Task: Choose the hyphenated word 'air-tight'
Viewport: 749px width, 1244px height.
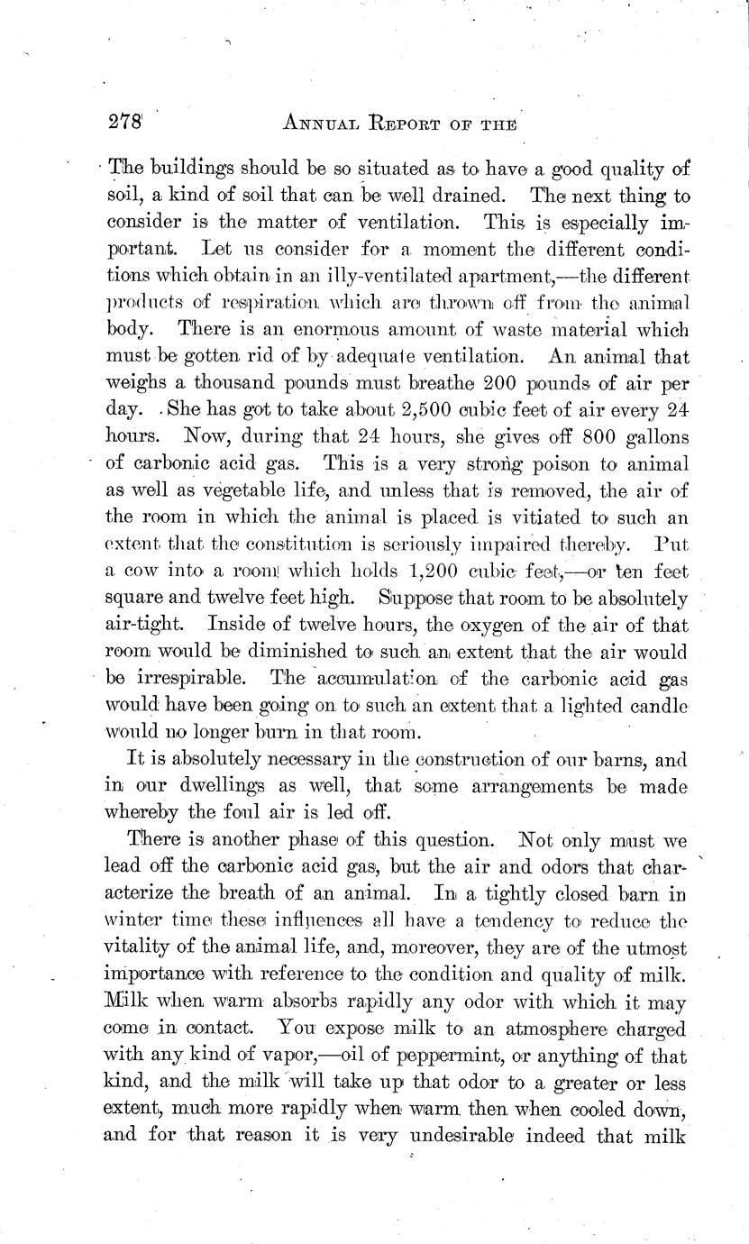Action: click(x=145, y=623)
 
